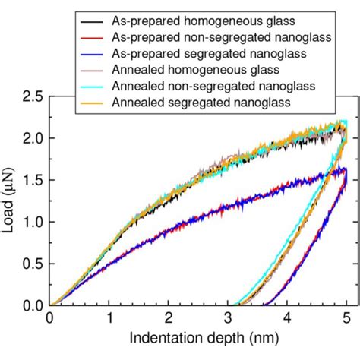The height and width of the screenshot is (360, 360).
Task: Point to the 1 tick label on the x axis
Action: click(x=109, y=319)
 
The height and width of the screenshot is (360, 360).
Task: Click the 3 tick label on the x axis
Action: click(x=228, y=319)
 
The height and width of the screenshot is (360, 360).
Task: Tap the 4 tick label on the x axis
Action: click(x=287, y=319)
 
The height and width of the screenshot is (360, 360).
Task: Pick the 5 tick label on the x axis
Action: click(x=346, y=319)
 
